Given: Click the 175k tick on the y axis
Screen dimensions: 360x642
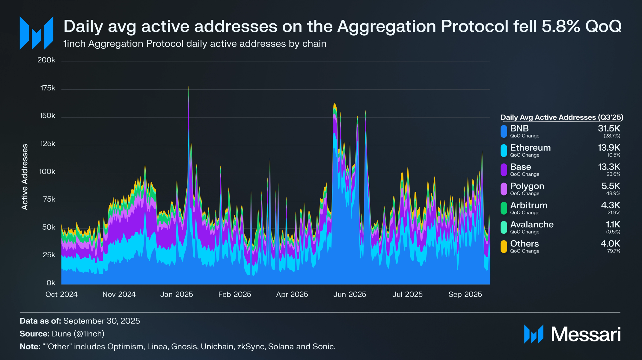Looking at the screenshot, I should click(x=48, y=88).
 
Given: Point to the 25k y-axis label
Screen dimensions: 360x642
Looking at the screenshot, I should click(x=49, y=255).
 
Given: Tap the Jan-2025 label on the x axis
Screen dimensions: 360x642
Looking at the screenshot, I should click(x=177, y=294).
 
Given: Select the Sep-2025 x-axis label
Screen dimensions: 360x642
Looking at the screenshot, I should click(x=465, y=294).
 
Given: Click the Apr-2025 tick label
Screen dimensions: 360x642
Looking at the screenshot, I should click(x=292, y=294).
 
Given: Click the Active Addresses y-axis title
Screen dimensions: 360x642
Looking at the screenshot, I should click(x=25, y=177).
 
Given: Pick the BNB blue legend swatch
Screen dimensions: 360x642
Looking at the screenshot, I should click(x=504, y=131).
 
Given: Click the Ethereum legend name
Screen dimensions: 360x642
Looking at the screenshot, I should click(x=530, y=148).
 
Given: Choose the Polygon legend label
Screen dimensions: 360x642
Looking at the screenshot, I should click(x=527, y=186).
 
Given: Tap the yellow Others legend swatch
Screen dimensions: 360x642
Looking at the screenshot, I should click(x=504, y=246).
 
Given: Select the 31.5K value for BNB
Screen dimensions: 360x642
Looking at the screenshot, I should click(x=609, y=128).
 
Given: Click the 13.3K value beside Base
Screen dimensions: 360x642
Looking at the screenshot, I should click(x=609, y=167).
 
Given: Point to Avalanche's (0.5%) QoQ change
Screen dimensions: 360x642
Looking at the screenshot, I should click(x=613, y=232).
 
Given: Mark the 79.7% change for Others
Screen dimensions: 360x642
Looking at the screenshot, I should click(x=614, y=251).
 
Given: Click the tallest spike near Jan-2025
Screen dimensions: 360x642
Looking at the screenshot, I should click(x=189, y=88).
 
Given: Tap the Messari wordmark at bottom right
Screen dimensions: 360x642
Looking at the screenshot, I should click(x=586, y=334).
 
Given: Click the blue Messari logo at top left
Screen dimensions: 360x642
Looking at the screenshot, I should click(x=37, y=33).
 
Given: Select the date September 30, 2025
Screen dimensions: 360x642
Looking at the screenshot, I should click(x=102, y=321).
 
